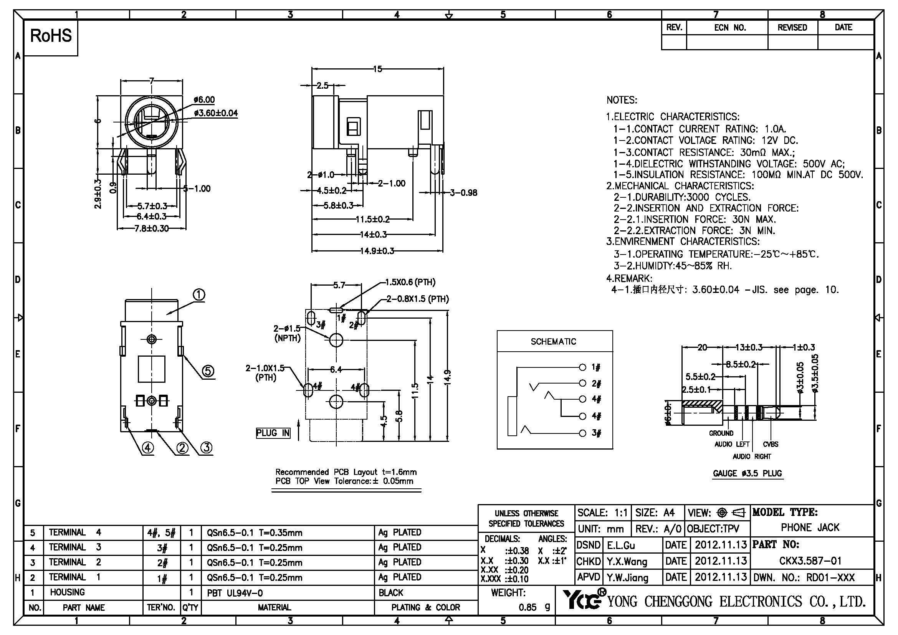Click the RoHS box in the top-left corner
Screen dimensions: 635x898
point(51,36)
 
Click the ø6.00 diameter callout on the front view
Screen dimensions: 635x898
point(204,100)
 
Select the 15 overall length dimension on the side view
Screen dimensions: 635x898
point(377,69)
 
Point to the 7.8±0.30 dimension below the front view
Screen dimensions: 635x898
point(152,228)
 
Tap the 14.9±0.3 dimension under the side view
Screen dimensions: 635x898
point(377,251)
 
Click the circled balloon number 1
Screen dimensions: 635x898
point(199,295)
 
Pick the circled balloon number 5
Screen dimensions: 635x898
point(208,371)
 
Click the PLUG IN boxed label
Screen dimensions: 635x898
point(273,433)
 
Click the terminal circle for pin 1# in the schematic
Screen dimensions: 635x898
point(582,367)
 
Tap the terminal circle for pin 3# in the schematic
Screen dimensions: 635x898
point(582,433)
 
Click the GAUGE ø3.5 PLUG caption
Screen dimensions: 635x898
point(748,473)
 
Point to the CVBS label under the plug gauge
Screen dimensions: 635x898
point(771,444)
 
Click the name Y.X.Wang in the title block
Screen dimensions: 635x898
point(627,562)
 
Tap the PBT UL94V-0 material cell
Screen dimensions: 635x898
point(235,593)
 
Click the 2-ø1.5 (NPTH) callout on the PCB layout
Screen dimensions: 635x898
point(288,333)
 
